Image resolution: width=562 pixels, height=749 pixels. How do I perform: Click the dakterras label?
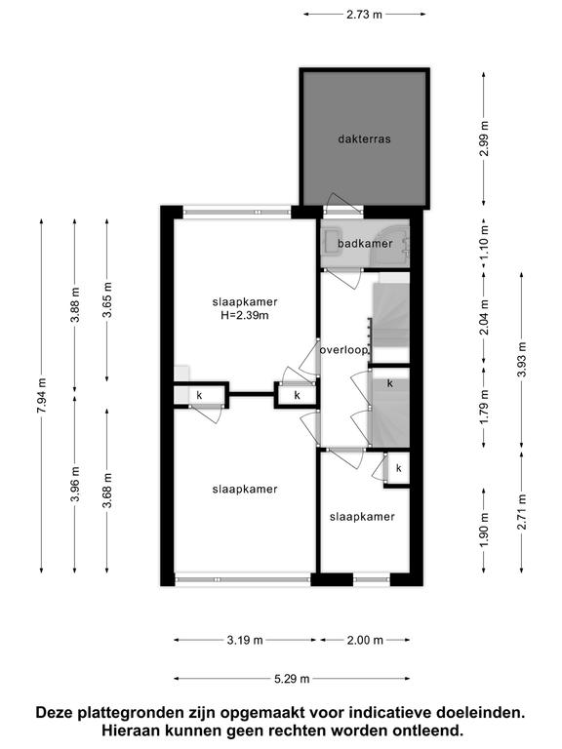coord(364,139)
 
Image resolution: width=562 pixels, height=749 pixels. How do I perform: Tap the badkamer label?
coord(365,244)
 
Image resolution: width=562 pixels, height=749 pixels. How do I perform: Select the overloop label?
coord(344,350)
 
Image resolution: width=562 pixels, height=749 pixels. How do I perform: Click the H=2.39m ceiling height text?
coord(245,315)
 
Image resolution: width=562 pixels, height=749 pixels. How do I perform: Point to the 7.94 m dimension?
coord(42,396)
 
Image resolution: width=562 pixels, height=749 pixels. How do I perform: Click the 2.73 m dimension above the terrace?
coord(364,15)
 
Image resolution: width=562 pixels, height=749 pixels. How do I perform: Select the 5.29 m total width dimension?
coord(292,679)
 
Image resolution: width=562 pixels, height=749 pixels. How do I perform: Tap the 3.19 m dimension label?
coord(245,640)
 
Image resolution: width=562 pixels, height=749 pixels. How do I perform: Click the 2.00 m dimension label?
coord(365,640)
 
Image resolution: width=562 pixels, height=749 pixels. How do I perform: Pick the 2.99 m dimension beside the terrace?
coord(484,138)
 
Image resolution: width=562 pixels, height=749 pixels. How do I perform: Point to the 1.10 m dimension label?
coord(484,243)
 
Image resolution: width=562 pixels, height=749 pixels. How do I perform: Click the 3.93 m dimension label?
coord(521,360)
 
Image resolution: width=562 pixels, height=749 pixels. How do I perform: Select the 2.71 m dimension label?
coord(521,512)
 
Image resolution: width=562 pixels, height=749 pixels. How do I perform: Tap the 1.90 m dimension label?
coord(484,531)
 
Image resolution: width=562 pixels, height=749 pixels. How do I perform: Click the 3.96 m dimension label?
coord(74,484)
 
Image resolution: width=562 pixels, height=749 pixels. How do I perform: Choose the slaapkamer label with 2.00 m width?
coord(362,517)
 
